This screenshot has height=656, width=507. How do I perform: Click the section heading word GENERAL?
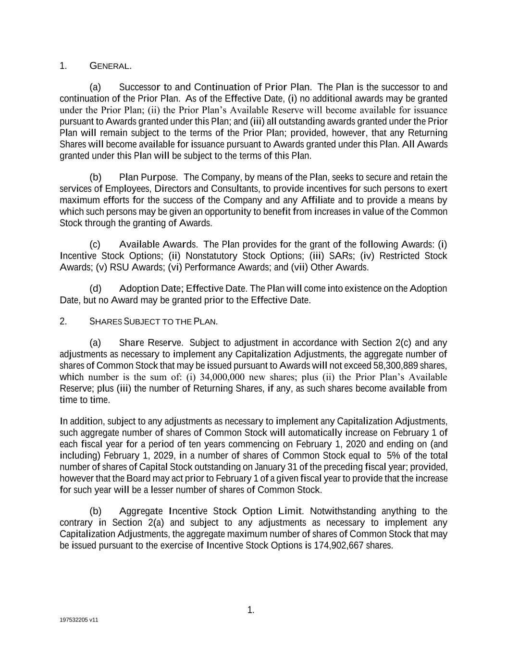[x=111, y=66]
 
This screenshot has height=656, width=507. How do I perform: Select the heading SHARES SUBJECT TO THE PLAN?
[x=153, y=322]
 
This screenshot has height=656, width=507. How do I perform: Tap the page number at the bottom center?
[x=250, y=610]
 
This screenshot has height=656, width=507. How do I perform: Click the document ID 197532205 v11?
[x=79, y=620]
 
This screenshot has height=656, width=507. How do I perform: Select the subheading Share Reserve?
[x=151, y=343]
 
